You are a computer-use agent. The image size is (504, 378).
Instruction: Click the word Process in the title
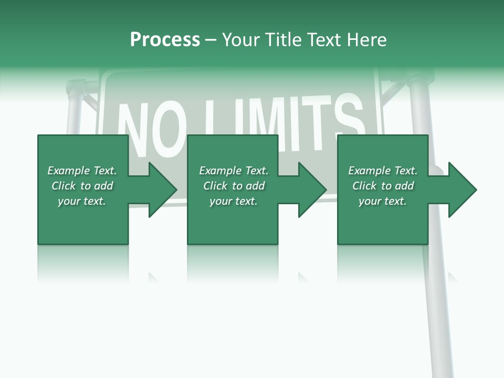pos(165,40)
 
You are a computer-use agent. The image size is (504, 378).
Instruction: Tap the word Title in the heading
pos(283,40)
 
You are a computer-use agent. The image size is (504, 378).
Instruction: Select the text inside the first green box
pos(82,186)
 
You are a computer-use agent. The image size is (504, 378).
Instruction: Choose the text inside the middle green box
pos(234,186)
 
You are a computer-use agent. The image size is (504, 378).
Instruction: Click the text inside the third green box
pos(383,186)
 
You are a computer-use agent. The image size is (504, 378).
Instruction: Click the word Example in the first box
pos(68,171)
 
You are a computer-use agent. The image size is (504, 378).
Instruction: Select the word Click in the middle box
pos(214,186)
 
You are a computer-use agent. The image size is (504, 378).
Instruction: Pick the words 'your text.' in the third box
pos(383,201)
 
